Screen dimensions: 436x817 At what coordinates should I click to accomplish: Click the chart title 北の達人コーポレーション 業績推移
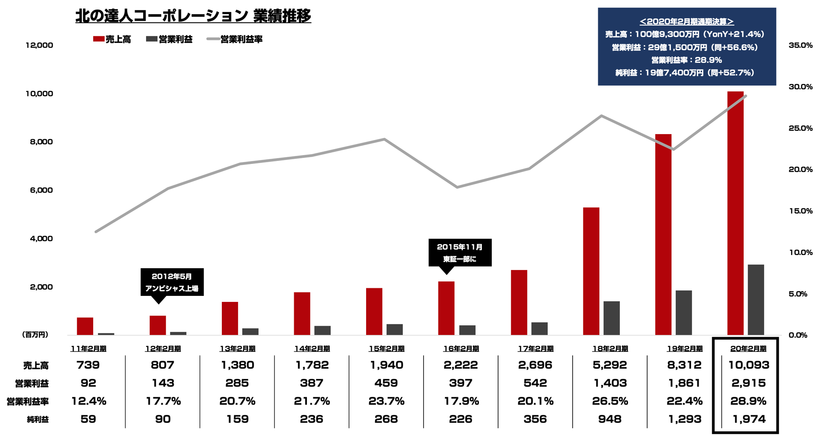(x=193, y=16)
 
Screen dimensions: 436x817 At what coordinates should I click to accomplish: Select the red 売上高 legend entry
(x=112, y=39)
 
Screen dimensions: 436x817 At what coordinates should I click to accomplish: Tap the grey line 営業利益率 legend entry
(x=235, y=39)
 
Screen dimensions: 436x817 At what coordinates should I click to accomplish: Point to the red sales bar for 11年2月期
(x=85, y=326)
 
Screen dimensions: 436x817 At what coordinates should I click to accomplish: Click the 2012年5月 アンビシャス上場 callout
(x=172, y=282)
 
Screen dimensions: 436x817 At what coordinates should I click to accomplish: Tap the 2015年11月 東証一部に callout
(x=460, y=252)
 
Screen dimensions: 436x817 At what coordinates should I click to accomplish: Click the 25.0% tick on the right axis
(x=800, y=128)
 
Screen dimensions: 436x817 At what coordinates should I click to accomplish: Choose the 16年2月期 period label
(x=461, y=349)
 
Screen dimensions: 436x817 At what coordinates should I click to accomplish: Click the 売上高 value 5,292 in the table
(x=610, y=365)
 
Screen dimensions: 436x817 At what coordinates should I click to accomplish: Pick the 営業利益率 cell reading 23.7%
(x=386, y=401)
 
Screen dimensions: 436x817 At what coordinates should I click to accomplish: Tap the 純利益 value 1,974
(x=749, y=419)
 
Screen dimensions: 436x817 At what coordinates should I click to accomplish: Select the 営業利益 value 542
(x=535, y=383)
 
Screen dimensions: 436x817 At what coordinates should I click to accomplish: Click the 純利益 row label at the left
(x=37, y=419)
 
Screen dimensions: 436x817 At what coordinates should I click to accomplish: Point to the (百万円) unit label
(x=35, y=335)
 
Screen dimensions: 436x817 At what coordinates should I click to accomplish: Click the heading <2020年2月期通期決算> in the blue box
(x=687, y=21)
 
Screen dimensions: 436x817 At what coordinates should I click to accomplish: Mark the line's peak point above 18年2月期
(x=601, y=115)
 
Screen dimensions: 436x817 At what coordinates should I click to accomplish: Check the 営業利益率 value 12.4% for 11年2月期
(x=88, y=401)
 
